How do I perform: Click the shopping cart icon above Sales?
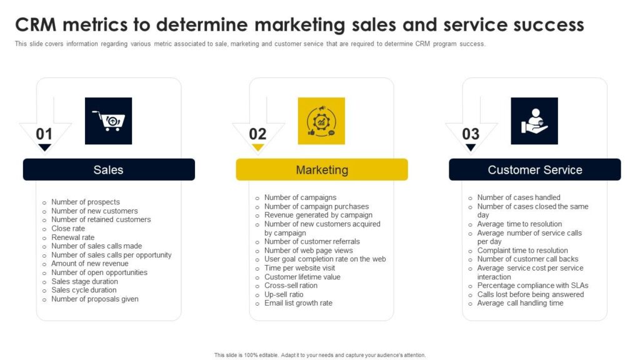108,121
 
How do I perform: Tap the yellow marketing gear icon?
321,121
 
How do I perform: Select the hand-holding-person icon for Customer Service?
534,121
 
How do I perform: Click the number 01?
44,134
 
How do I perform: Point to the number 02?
257,134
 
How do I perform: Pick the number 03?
471,134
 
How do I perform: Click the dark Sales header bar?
109,169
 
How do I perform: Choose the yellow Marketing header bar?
322,169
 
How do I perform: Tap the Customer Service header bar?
535,169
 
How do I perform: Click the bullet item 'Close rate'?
68,229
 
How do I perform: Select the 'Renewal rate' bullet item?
72,237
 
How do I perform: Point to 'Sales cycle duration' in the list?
84,290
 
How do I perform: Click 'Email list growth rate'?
298,303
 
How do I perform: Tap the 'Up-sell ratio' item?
284,295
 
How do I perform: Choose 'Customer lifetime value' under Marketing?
302,277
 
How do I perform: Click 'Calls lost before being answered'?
531,295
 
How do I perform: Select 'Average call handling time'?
521,303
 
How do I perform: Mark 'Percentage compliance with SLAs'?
532,286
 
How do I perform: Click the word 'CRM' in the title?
36,25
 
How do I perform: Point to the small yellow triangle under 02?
257,147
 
